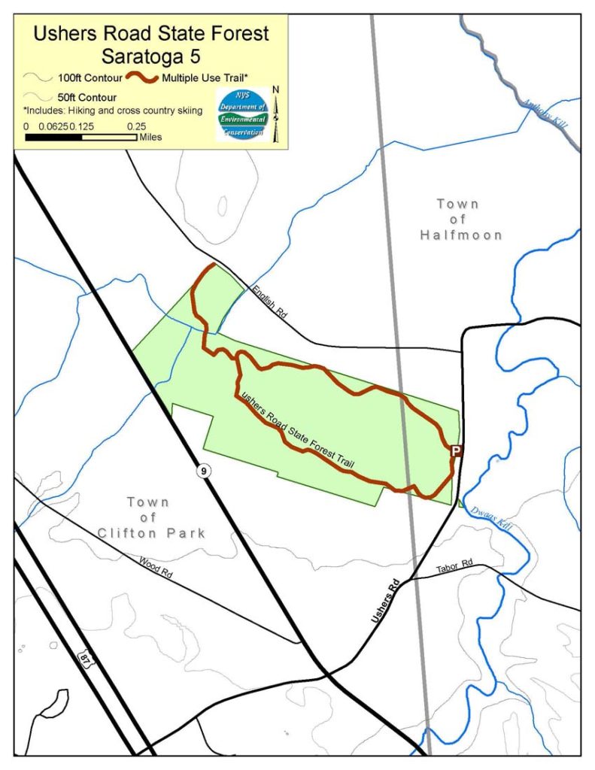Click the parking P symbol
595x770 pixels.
[455, 450]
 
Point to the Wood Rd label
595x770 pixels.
[156, 565]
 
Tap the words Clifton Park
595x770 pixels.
[151, 533]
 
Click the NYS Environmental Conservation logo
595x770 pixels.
[242, 114]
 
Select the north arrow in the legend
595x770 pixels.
[275, 113]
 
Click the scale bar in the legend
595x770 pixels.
[81, 138]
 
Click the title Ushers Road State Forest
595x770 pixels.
[150, 33]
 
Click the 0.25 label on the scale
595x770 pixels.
[135, 126]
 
